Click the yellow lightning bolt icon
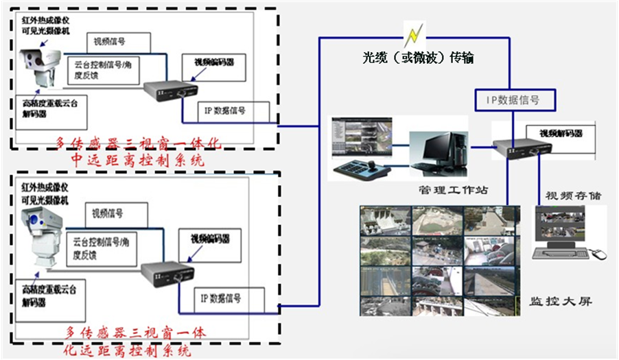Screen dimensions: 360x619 tap(414, 34)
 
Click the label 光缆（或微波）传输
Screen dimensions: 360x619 tap(418, 58)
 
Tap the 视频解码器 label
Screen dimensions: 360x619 tap(560, 134)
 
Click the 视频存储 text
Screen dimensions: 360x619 tap(573, 195)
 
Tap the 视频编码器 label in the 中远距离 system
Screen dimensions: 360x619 tap(207, 62)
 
